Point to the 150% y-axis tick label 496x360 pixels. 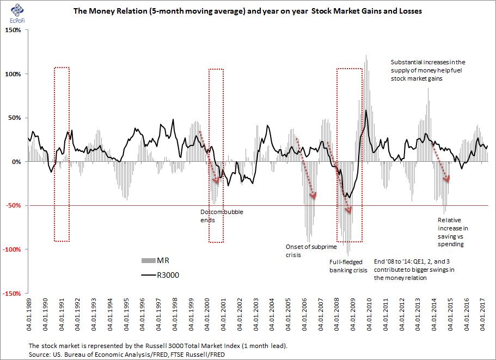pyautogui.click(x=13, y=30)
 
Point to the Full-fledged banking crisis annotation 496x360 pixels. pyautogui.click(x=348, y=265)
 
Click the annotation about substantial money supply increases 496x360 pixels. pyautogui.click(x=428, y=70)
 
